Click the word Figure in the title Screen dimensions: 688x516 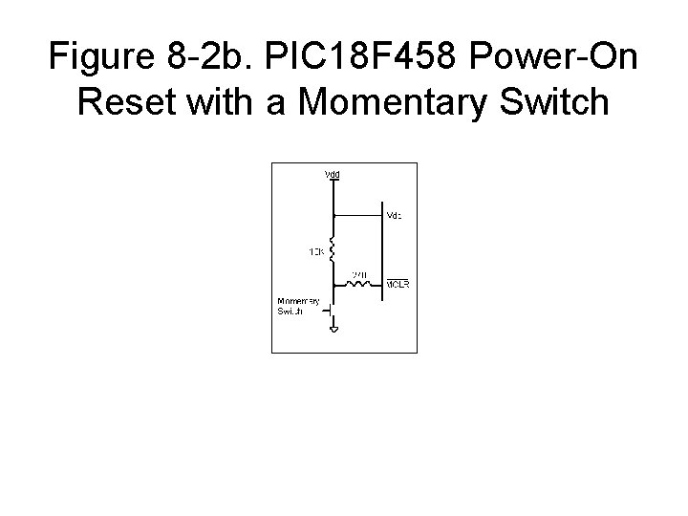point(105,58)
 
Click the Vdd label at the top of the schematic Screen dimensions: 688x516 point(333,175)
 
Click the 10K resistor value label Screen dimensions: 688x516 point(315,253)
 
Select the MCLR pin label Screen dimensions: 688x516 point(398,285)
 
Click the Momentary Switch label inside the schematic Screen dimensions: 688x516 point(297,307)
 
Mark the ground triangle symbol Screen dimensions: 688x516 point(333,331)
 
